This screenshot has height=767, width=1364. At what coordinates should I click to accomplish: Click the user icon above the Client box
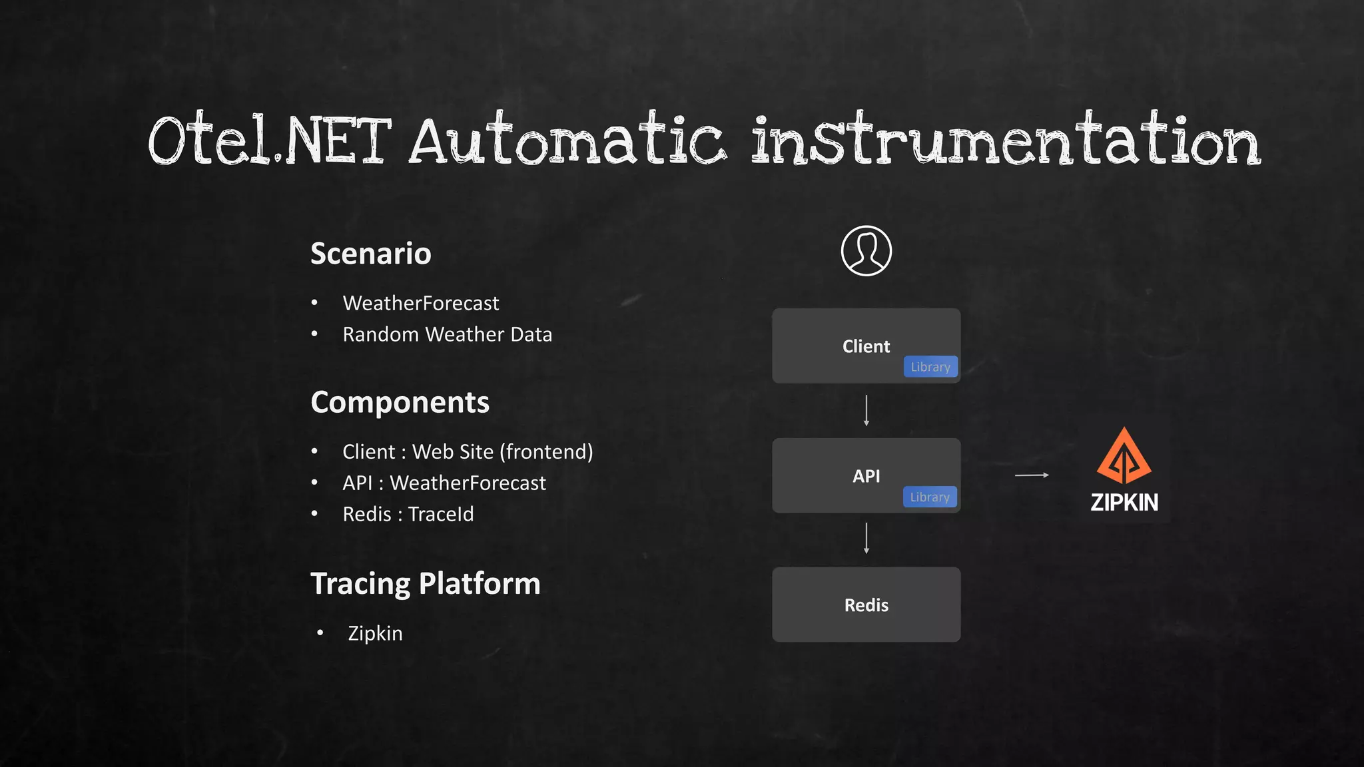click(x=866, y=251)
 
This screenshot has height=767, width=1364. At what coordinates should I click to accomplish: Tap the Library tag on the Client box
click(x=930, y=367)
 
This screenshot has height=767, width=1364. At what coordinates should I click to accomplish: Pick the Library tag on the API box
click(x=930, y=497)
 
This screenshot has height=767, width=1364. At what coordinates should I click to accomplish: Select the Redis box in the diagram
click(x=866, y=605)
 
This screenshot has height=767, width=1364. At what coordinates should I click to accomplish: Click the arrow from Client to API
click(x=866, y=410)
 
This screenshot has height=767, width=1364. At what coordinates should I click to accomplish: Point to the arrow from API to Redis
click(x=866, y=539)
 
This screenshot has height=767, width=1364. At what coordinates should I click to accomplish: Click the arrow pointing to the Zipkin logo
click(x=1032, y=475)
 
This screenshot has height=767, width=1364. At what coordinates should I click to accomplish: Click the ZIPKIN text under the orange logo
click(x=1124, y=502)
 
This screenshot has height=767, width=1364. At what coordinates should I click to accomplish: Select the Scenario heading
click(x=370, y=254)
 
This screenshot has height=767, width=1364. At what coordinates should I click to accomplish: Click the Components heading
click(x=400, y=402)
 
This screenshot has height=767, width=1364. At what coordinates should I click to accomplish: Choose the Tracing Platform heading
click(x=425, y=583)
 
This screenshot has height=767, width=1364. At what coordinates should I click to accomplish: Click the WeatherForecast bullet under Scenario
click(x=420, y=304)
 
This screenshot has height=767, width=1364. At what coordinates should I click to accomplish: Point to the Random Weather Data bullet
click(x=447, y=334)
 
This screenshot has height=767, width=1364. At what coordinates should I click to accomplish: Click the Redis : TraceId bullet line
click(x=408, y=514)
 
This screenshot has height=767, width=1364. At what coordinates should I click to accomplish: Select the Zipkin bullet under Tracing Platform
click(x=375, y=633)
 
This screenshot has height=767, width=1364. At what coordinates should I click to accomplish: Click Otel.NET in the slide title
click(x=270, y=141)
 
